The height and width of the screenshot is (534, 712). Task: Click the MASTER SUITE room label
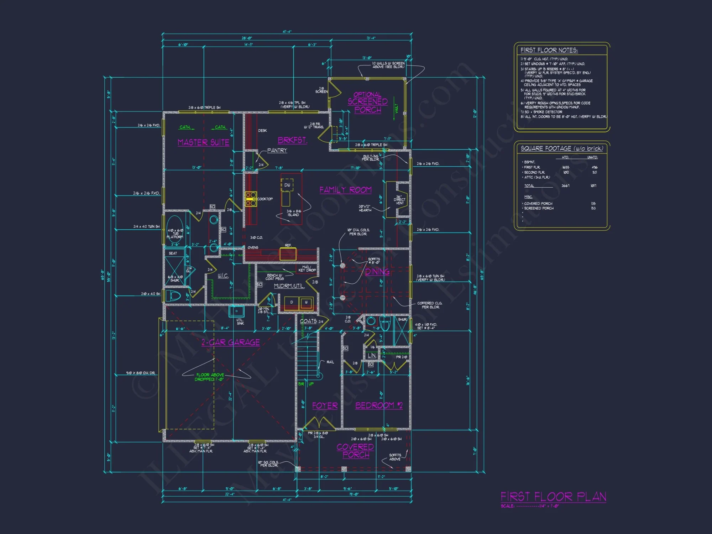coord(203,142)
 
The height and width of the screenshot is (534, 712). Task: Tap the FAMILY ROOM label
coord(345,190)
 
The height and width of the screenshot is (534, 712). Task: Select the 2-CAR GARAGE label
coord(231,342)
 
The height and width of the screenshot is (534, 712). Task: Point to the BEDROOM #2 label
coord(379,405)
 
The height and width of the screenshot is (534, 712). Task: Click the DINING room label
coord(377,272)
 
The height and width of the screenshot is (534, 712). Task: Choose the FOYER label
coord(325,406)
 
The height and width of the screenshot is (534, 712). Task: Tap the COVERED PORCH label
coord(355,451)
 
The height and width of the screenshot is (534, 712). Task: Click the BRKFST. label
coord(292,140)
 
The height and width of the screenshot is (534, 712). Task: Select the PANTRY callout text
coord(277,151)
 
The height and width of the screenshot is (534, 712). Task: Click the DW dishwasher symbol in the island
coord(287,185)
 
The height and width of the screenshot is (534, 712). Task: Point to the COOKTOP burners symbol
coord(251,199)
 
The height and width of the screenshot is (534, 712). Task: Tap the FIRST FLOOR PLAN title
coord(553,497)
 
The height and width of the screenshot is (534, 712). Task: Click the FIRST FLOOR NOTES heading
coord(549,50)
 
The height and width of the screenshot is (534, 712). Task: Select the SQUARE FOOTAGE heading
coord(562,148)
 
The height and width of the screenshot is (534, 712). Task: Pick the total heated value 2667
coord(565,186)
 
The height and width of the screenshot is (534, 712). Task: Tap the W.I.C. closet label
coord(223,276)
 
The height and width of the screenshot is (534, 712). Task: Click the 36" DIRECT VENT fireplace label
coord(399,200)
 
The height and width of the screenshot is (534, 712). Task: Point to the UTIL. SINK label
coord(240,321)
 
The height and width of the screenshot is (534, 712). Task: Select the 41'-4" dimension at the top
coord(287,32)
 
